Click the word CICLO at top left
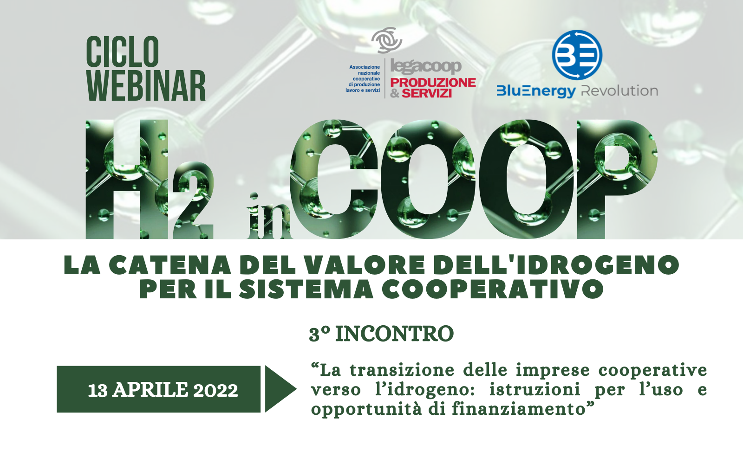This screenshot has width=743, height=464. point(123,52)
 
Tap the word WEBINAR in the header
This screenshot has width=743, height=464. point(146,86)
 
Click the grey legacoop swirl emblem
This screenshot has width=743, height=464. point(387,40)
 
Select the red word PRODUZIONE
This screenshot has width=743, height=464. point(433,83)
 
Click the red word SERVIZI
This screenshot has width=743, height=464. point(427,93)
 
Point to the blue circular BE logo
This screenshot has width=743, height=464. point(577,55)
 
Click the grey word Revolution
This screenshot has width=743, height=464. point(619,91)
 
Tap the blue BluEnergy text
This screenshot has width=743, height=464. point(536,91)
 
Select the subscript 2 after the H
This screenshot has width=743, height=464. point(193,200)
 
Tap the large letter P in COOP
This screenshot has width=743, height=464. point(617,179)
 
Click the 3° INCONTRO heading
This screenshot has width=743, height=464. point(381,334)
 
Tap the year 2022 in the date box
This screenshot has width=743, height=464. point(215,390)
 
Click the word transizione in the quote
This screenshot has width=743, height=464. point(402,370)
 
